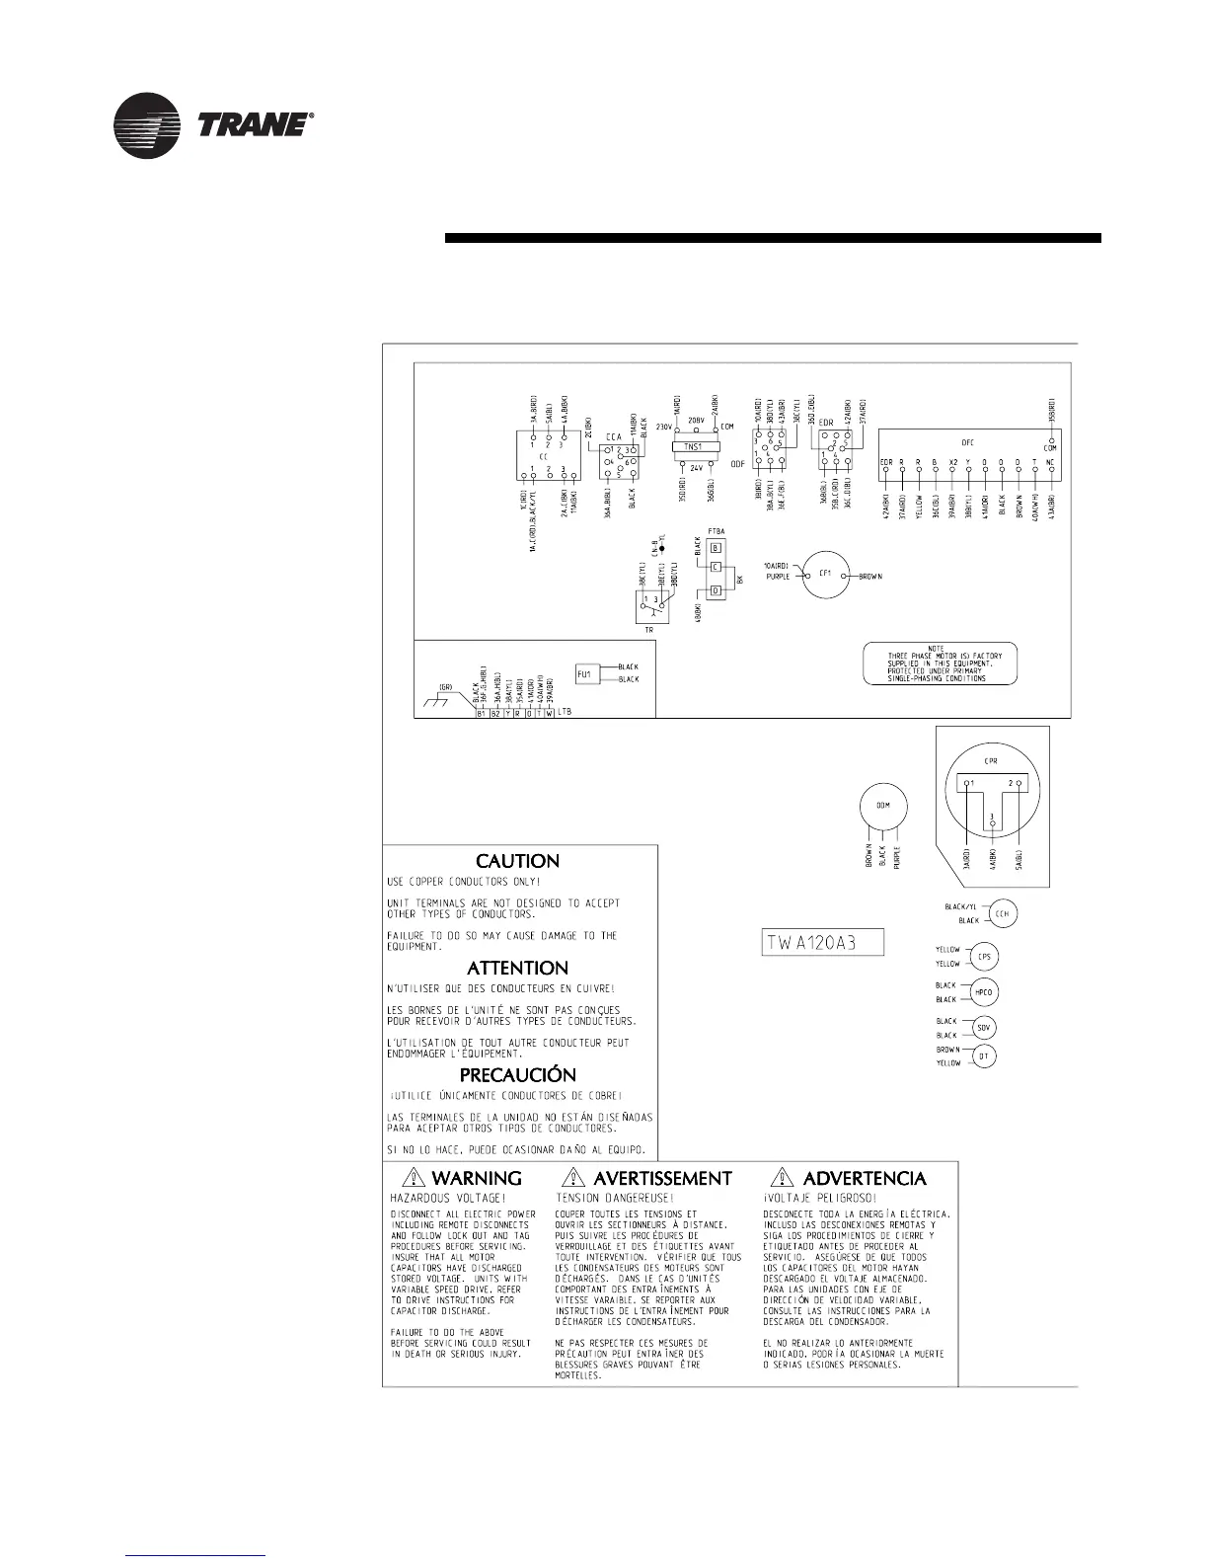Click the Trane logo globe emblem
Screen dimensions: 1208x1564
[147, 125]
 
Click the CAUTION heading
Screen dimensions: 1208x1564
[517, 862]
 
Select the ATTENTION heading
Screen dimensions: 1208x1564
[517, 969]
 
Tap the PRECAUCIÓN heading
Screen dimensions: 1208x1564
[517, 1075]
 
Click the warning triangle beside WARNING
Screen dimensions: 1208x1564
[413, 1177]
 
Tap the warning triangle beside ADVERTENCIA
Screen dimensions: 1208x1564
[782, 1177]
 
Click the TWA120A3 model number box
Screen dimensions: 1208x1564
[823, 942]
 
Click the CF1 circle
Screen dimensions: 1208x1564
[826, 575]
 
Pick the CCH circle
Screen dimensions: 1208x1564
[1003, 913]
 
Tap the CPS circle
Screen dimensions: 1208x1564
[984, 957]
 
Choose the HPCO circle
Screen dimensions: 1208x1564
[984, 992]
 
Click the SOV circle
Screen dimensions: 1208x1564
[984, 1028]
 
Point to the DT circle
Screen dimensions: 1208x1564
[984, 1056]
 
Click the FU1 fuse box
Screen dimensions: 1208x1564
[583, 673]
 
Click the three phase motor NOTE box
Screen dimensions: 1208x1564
[939, 664]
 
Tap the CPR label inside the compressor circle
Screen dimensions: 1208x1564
[992, 761]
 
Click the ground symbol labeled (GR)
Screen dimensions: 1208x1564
[435, 699]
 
